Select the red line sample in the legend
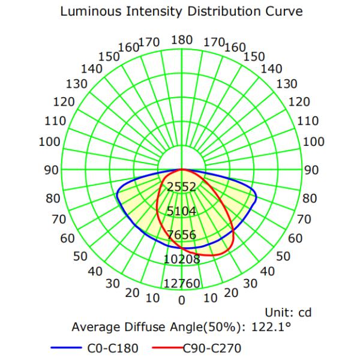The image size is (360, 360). click(167, 346)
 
